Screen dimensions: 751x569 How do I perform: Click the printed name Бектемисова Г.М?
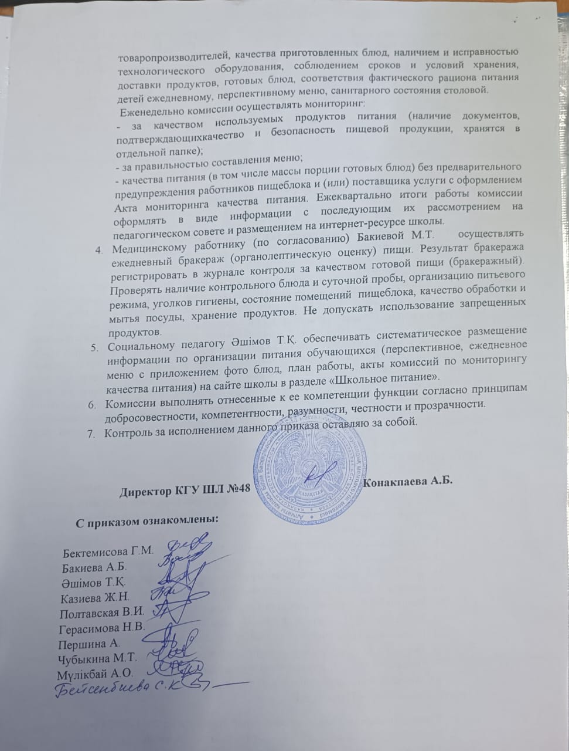click(x=108, y=551)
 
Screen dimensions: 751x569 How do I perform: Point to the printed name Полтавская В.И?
click(x=103, y=613)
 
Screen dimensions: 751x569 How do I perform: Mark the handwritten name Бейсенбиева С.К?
click(x=124, y=689)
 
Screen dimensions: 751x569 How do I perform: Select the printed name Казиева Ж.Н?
click(x=94, y=598)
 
